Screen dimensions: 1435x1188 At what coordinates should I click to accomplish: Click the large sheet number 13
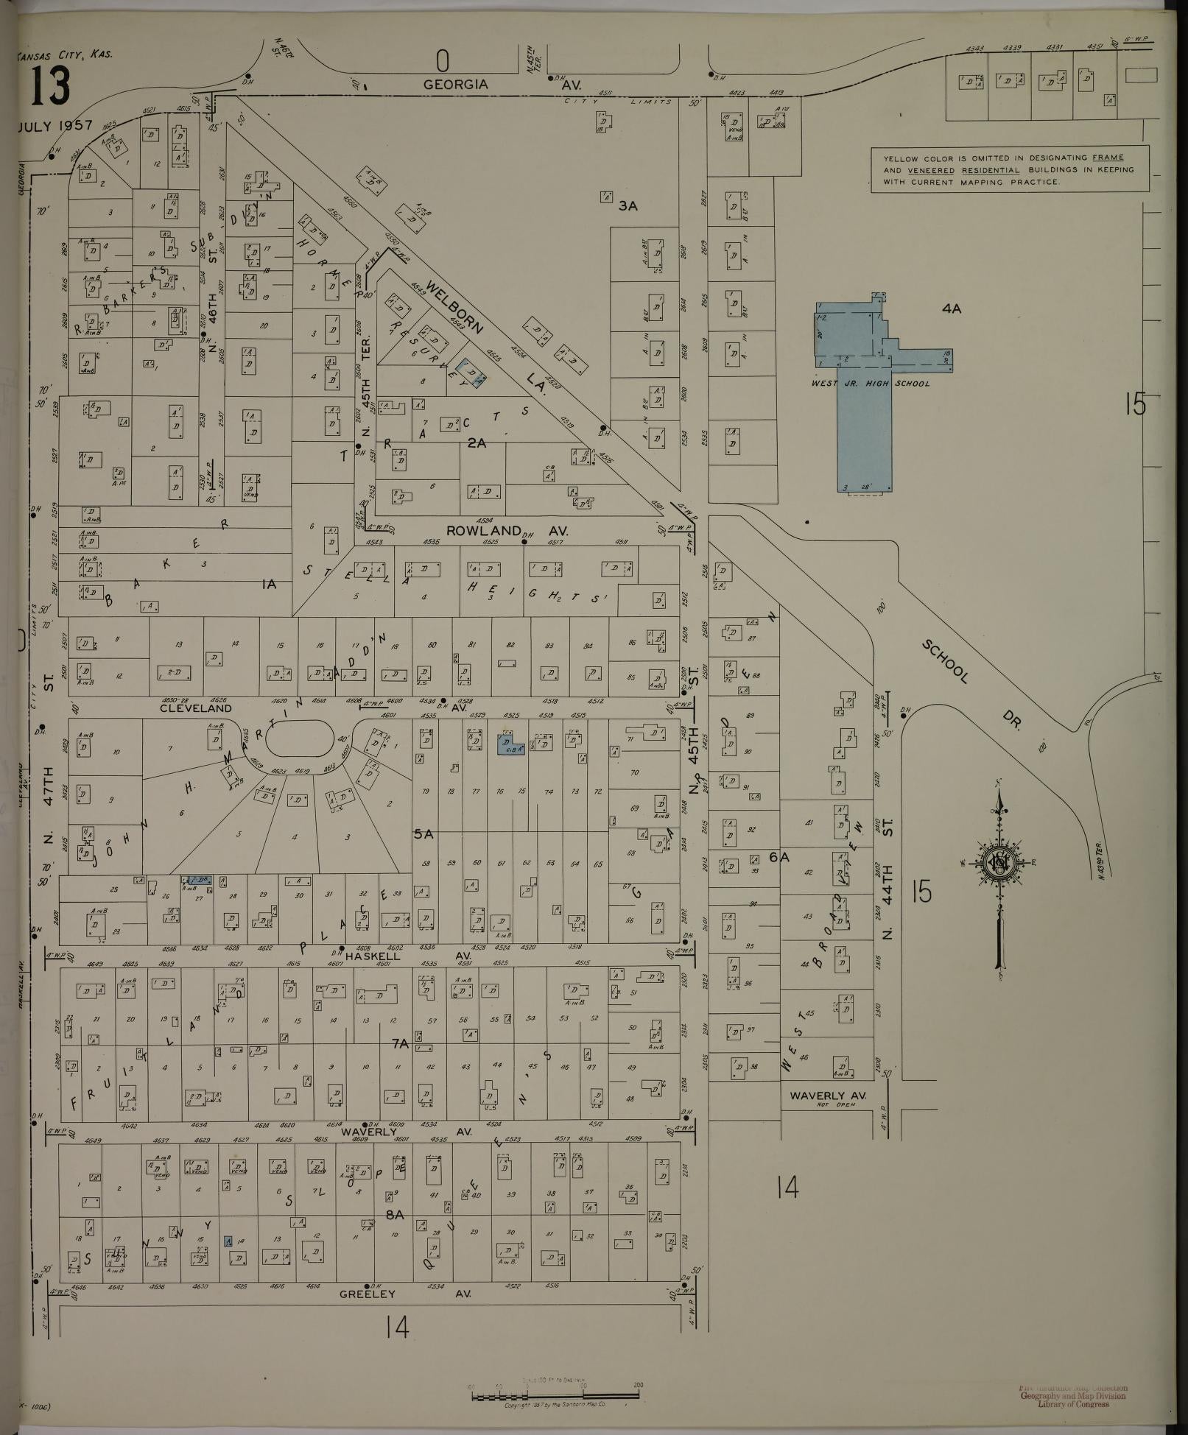pos(51,87)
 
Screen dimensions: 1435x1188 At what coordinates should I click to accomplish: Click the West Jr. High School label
pos(871,384)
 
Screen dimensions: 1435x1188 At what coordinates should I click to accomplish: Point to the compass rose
pos(999,864)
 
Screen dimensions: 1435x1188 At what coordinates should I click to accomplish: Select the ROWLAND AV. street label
pos(507,530)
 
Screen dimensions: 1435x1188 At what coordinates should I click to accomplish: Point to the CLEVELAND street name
pos(196,708)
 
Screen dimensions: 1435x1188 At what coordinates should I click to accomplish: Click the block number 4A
pos(952,309)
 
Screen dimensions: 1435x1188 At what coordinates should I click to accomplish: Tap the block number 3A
pos(628,206)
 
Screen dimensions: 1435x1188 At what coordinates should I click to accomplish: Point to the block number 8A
pos(396,1215)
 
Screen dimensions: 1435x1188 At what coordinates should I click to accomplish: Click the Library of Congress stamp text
pos(1072,1405)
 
